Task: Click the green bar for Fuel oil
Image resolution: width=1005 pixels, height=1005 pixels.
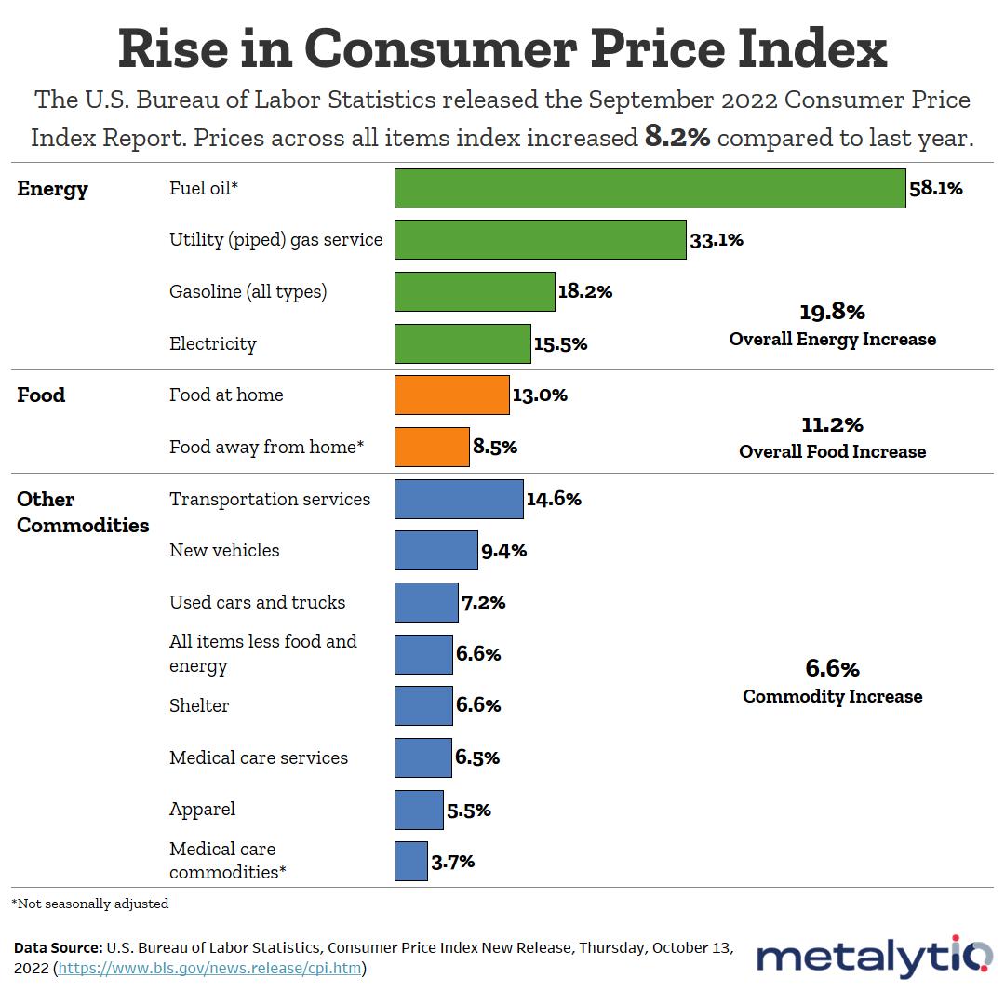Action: coord(650,188)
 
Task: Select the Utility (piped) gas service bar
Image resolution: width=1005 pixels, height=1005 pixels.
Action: coord(540,239)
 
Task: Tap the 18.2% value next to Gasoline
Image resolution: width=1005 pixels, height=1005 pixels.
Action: coord(584,291)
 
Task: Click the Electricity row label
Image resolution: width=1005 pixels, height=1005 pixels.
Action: coord(212,343)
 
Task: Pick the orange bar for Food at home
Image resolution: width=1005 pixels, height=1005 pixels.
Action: coord(451,395)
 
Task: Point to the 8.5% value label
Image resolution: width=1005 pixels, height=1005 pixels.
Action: coord(494,447)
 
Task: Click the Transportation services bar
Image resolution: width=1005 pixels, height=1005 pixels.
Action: coord(458,499)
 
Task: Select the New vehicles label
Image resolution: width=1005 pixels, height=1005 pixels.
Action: coord(224,550)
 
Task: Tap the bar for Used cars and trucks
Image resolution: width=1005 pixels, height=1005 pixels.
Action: coord(426,602)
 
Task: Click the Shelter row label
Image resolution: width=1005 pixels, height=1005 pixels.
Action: coord(199,705)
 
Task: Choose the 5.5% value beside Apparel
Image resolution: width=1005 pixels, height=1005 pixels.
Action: coord(468,810)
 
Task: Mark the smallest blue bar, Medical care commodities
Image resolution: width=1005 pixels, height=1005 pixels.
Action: coord(410,861)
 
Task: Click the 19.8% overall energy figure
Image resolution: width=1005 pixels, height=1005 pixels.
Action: coord(832,312)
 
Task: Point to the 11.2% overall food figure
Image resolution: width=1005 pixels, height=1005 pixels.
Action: coord(832,425)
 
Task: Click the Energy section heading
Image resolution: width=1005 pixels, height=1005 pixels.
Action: coord(52,189)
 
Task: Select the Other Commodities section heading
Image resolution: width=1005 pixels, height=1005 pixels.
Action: coord(83,512)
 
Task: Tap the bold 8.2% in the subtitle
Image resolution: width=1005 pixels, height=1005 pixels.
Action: coord(677,138)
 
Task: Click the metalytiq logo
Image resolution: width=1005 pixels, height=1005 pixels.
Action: coord(874,957)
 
